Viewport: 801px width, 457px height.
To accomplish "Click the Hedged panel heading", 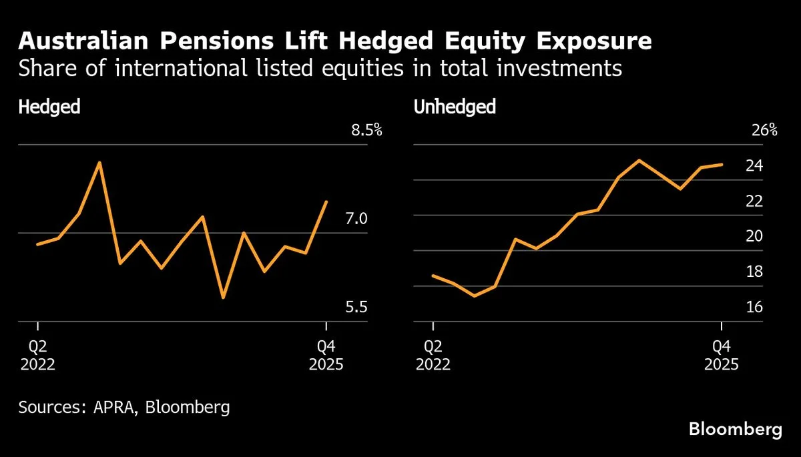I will click(x=49, y=107).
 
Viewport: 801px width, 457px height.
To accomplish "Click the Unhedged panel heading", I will click(x=455, y=107).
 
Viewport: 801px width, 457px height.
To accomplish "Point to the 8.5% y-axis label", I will click(x=366, y=130).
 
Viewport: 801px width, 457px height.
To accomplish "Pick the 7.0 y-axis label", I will click(x=355, y=219).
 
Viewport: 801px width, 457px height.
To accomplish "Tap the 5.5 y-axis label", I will click(x=355, y=308).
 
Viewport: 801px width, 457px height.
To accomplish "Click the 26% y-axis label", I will click(x=764, y=130).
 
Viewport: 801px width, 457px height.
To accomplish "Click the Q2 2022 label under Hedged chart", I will click(x=37, y=356).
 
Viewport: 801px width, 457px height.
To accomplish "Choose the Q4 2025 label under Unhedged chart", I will click(x=721, y=356).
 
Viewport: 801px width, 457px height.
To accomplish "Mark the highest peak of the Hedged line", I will click(x=99, y=162).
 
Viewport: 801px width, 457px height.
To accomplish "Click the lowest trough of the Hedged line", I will click(x=223, y=298).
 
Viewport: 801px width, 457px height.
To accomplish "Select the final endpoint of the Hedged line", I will click(x=326, y=201).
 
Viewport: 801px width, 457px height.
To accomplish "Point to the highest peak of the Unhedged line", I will click(x=639, y=160).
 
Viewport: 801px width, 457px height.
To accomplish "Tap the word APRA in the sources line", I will click(x=107, y=408).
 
